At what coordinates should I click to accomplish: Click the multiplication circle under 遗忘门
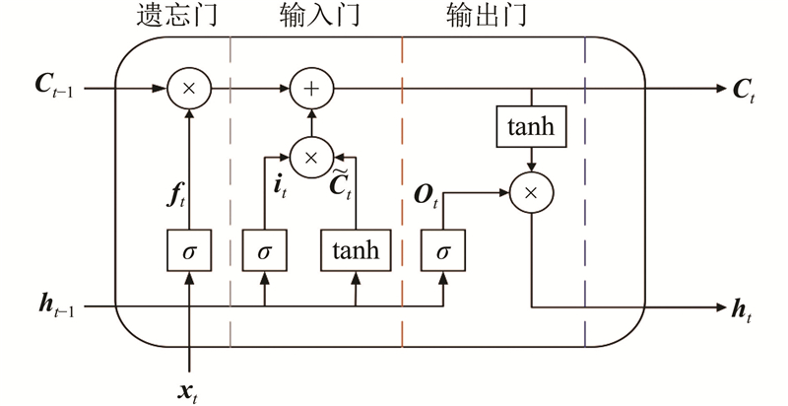tap(188, 90)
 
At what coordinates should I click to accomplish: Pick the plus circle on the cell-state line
tap(311, 90)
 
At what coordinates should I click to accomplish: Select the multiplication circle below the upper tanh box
tap(532, 193)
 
